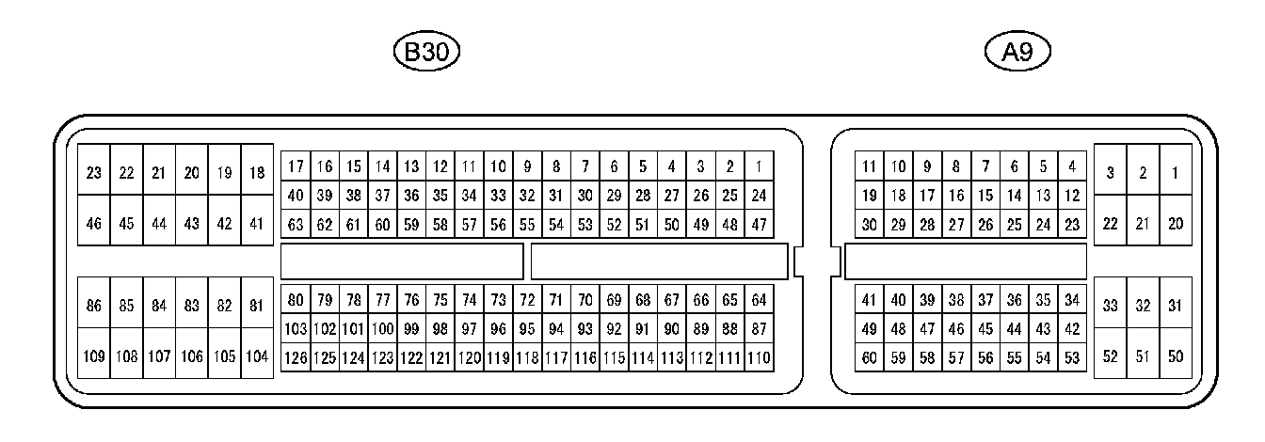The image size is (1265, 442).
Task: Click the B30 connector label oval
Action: coord(426,53)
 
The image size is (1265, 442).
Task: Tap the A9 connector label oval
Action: coord(1017,53)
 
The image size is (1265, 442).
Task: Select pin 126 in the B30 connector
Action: coord(296,357)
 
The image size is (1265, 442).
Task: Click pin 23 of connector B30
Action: coord(93,172)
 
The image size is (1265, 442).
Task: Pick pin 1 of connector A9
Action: coord(1175,172)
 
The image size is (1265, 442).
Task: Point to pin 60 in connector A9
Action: coord(869,357)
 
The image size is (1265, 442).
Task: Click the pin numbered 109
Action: coord(93,356)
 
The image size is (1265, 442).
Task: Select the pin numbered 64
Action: coord(759,300)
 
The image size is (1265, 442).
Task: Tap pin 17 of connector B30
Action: coord(296,167)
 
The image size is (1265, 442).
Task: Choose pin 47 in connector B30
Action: coord(759,225)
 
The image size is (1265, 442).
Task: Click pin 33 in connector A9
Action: coord(1110,306)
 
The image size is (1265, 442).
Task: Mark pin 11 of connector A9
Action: coord(869,167)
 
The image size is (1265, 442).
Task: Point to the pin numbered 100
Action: coord(382,329)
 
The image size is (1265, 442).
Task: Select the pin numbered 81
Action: coord(257,306)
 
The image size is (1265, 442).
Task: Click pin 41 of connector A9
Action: coord(869,300)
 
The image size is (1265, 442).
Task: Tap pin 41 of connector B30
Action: coord(257,224)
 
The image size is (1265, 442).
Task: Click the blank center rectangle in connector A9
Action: coord(966,261)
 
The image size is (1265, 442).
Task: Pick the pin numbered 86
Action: coord(93,306)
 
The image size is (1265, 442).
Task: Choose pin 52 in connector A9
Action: coord(1110,356)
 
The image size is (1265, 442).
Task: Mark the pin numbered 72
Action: coord(527,300)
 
